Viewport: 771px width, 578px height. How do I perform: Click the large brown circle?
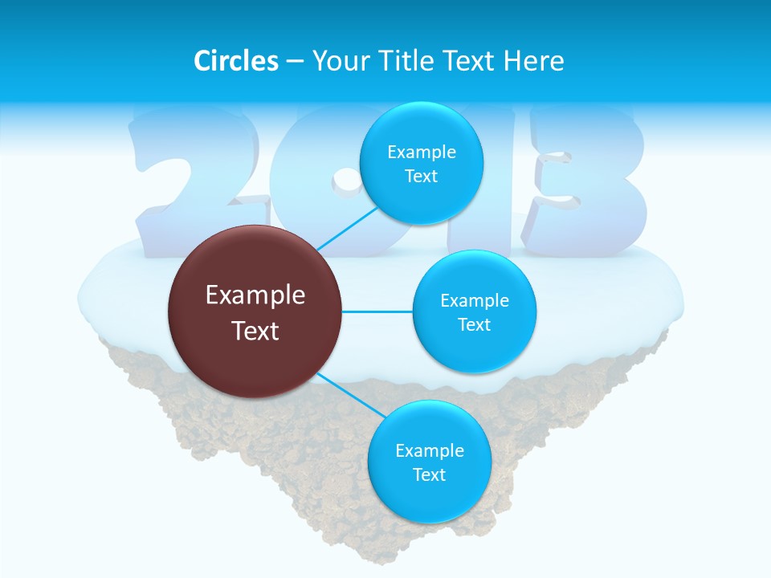(x=255, y=311)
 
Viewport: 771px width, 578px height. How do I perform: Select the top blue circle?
(x=421, y=163)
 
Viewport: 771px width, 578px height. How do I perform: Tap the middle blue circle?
(x=474, y=311)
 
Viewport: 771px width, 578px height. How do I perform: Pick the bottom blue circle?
(x=429, y=462)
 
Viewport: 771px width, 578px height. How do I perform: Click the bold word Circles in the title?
(x=236, y=61)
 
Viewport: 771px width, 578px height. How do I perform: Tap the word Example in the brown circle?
(x=255, y=295)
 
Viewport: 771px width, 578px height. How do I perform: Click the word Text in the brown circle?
(x=255, y=331)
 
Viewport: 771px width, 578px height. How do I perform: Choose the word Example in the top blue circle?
(x=422, y=152)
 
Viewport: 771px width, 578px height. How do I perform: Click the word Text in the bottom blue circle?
(x=429, y=474)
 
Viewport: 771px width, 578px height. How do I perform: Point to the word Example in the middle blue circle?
(x=475, y=300)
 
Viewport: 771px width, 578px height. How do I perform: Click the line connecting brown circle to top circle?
(x=347, y=228)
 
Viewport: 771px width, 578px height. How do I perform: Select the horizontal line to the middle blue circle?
(x=377, y=311)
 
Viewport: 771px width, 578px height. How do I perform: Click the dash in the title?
(x=295, y=62)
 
